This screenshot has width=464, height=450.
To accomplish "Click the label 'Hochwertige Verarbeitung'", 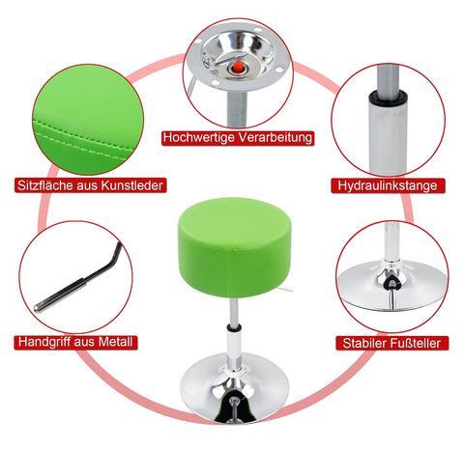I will [x=239, y=138].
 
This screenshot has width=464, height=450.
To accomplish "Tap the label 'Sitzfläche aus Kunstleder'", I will [x=89, y=184].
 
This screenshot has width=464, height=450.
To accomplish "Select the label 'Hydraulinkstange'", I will [x=387, y=184].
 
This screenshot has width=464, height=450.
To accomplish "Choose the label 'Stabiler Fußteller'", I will [x=391, y=342].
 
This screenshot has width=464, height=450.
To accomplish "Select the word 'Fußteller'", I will [x=414, y=342].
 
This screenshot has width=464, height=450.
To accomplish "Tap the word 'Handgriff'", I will [x=49, y=342].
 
